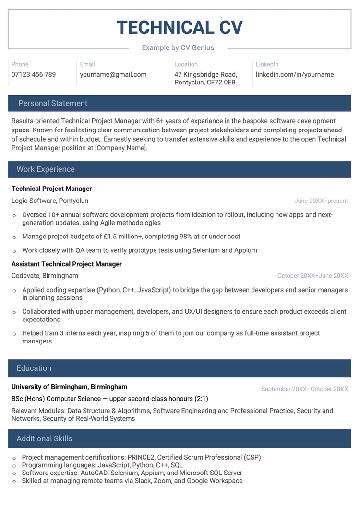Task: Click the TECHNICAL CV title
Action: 180,27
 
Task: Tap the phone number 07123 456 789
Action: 34,75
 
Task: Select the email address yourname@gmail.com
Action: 113,75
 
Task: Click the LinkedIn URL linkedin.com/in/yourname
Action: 295,75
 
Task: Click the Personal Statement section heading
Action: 53,103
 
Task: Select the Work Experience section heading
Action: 46,169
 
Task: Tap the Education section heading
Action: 34,368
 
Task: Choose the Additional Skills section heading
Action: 44,438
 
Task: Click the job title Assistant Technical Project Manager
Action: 67,264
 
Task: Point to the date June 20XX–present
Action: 321,201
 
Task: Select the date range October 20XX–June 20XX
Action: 312,276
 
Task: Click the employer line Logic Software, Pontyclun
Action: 50,201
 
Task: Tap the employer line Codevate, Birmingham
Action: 45,276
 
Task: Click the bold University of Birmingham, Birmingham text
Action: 70,387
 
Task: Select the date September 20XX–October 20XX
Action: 304,389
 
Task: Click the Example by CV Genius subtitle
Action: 178,48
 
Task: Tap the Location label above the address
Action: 186,64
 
